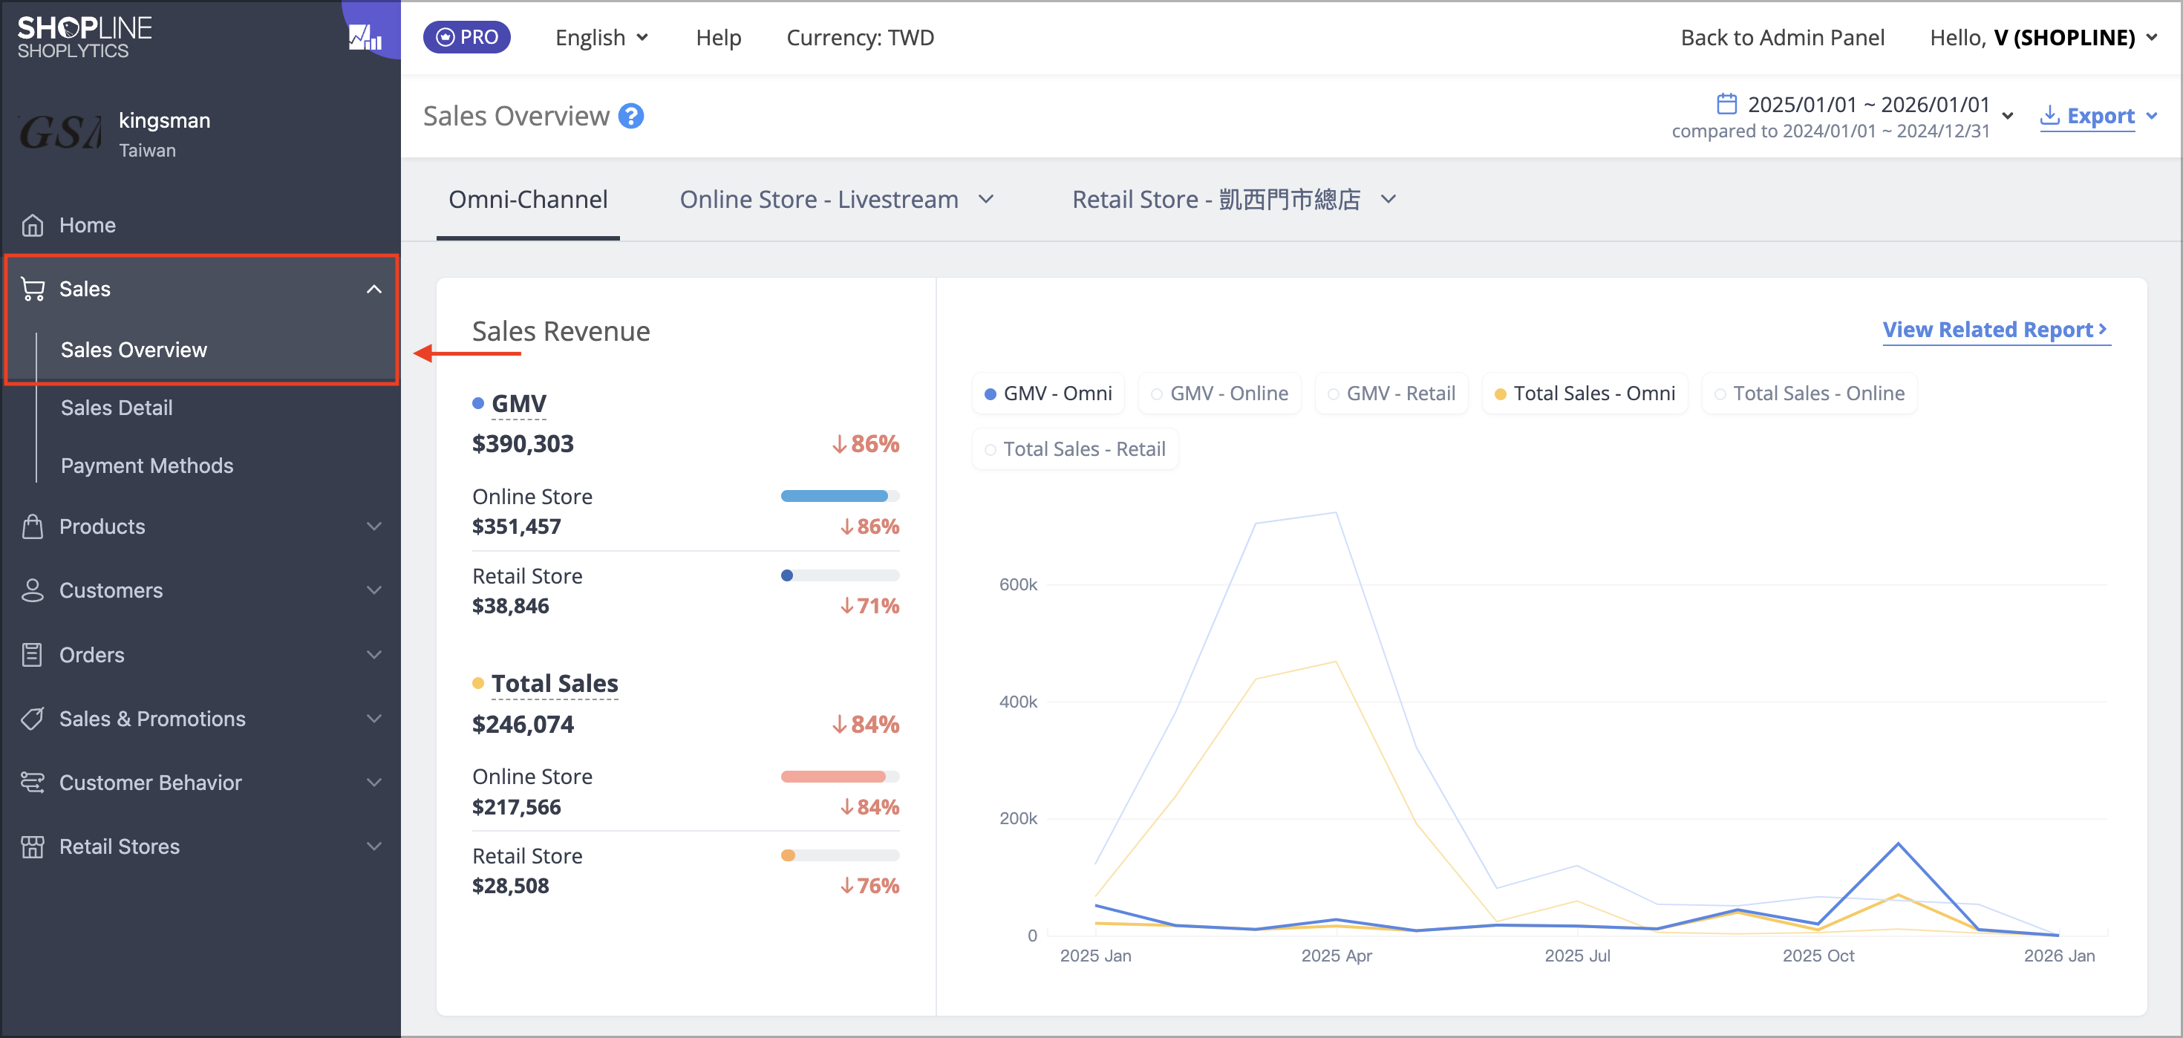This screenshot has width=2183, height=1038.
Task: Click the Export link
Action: click(x=2098, y=116)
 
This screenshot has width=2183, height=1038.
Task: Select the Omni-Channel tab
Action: click(x=528, y=200)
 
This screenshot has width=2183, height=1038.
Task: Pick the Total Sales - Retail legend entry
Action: click(x=1074, y=449)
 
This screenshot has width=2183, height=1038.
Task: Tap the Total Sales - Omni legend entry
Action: click(x=1584, y=394)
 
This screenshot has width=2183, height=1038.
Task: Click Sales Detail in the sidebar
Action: click(x=117, y=408)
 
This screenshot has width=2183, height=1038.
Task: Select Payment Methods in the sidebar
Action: click(x=146, y=466)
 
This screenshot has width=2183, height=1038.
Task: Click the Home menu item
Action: click(x=88, y=224)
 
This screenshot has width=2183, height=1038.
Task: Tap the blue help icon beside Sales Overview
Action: click(x=631, y=116)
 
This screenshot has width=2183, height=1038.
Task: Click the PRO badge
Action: click(x=467, y=37)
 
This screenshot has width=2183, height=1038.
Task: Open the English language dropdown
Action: click(x=601, y=37)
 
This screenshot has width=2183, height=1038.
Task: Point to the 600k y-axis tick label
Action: click(x=1018, y=584)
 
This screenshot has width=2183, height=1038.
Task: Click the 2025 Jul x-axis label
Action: click(x=1577, y=956)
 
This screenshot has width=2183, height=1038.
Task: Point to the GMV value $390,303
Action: click(x=523, y=443)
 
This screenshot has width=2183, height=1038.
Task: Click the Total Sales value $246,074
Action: click(x=523, y=725)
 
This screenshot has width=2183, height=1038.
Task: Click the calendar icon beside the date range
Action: click(x=1726, y=103)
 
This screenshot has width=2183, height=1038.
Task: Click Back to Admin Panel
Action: click(x=1782, y=37)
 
